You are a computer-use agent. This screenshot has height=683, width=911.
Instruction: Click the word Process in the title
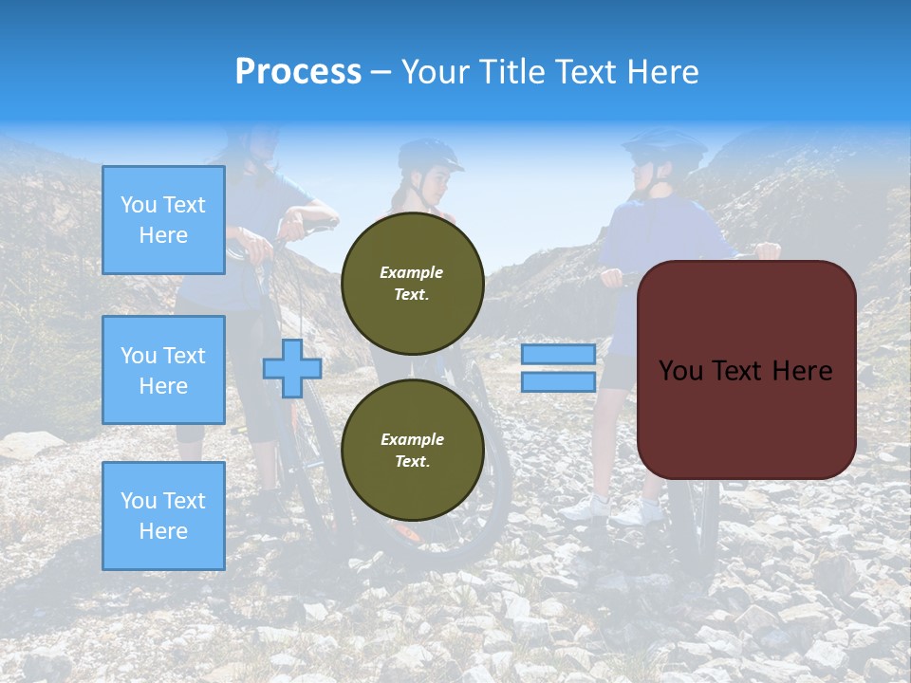298,71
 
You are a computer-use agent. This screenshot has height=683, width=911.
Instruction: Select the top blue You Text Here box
163,220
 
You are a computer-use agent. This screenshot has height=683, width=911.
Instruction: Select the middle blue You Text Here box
163,370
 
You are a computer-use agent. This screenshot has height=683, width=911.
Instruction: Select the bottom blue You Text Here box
163,515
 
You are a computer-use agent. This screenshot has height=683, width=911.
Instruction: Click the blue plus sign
292,368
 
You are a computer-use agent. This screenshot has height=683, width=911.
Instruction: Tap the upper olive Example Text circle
412,283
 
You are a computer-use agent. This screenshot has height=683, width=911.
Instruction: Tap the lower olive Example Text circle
412,451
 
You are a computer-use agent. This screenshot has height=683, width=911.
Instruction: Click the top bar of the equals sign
558,354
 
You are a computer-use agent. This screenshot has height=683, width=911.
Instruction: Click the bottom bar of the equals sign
558,382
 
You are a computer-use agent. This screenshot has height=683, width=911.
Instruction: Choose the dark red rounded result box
746,370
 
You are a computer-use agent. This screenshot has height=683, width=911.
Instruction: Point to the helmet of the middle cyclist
429,155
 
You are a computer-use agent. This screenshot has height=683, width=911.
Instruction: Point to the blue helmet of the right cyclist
664,145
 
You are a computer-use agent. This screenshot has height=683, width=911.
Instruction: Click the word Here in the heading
659,72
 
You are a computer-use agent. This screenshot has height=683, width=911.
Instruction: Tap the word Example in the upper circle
412,272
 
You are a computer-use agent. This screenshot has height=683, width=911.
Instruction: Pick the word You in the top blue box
139,205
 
